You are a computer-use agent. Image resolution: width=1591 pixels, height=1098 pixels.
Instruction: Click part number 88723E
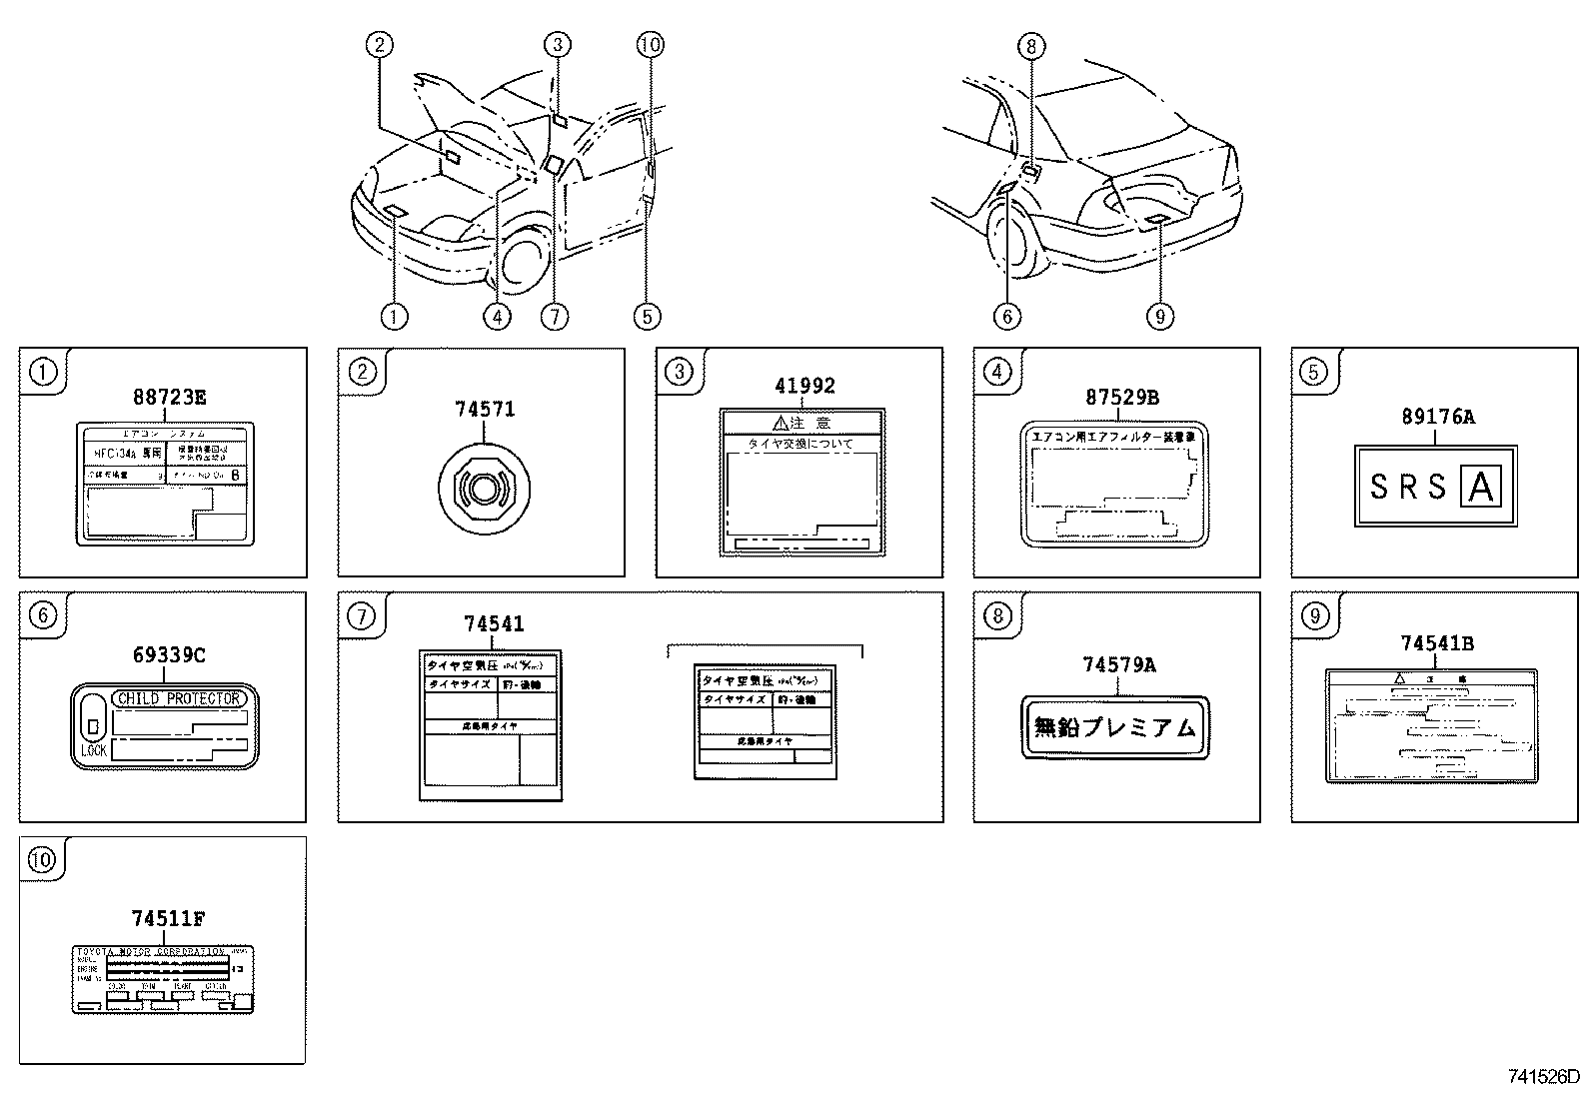coord(169,397)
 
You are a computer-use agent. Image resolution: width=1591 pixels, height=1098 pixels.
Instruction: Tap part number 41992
coord(804,386)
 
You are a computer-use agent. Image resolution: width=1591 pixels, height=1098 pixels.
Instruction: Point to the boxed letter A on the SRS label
coord(1481,487)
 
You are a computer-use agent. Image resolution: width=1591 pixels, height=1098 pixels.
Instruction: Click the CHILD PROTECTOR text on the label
coord(180,698)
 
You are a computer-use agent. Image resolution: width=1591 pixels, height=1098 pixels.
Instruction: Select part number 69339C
coord(169,654)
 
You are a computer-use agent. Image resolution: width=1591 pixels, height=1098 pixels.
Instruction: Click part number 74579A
coord(1118,664)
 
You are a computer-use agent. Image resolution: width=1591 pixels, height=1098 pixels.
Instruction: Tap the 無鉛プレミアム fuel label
coord(1115,727)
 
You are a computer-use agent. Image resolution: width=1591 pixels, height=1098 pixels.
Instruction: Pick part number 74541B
coord(1436,644)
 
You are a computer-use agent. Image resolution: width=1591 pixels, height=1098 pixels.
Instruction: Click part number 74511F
coord(169,918)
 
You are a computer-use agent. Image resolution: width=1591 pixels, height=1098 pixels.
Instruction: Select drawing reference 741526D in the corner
coord(1544,1077)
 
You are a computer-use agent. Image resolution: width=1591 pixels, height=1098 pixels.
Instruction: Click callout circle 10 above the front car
coord(650,44)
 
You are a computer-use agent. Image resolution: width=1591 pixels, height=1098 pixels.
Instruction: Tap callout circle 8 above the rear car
coord(1031,45)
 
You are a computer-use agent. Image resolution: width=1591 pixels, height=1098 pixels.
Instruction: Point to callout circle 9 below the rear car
coord(1159,317)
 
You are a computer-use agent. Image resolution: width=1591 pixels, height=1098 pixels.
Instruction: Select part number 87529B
coord(1122,397)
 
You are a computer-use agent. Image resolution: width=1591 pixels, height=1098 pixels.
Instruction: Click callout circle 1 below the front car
coord(394,317)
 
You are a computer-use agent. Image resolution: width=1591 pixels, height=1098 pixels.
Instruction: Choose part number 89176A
coord(1437,417)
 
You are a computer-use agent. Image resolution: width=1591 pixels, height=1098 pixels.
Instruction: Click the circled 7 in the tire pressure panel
coord(361,616)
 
